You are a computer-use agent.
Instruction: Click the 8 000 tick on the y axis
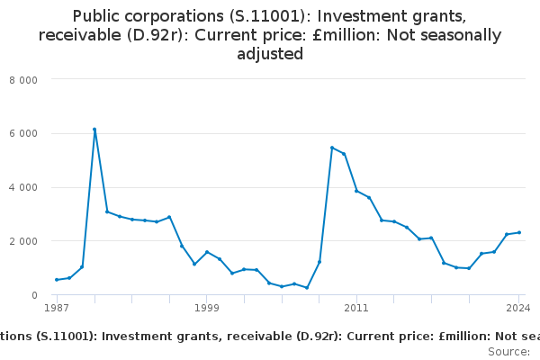23,79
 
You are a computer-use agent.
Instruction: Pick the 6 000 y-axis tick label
23,133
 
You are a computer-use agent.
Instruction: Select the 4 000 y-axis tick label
23,187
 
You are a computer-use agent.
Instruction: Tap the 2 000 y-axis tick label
23,241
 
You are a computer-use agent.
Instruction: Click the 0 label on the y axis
33,295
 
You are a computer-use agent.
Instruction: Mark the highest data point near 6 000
94,130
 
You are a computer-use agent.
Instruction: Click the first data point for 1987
57,280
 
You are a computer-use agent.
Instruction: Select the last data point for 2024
519,232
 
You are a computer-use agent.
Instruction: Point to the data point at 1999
206,252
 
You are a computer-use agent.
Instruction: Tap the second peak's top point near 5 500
332,148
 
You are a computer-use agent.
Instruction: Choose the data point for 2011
356,191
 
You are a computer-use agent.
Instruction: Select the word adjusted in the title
270,54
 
